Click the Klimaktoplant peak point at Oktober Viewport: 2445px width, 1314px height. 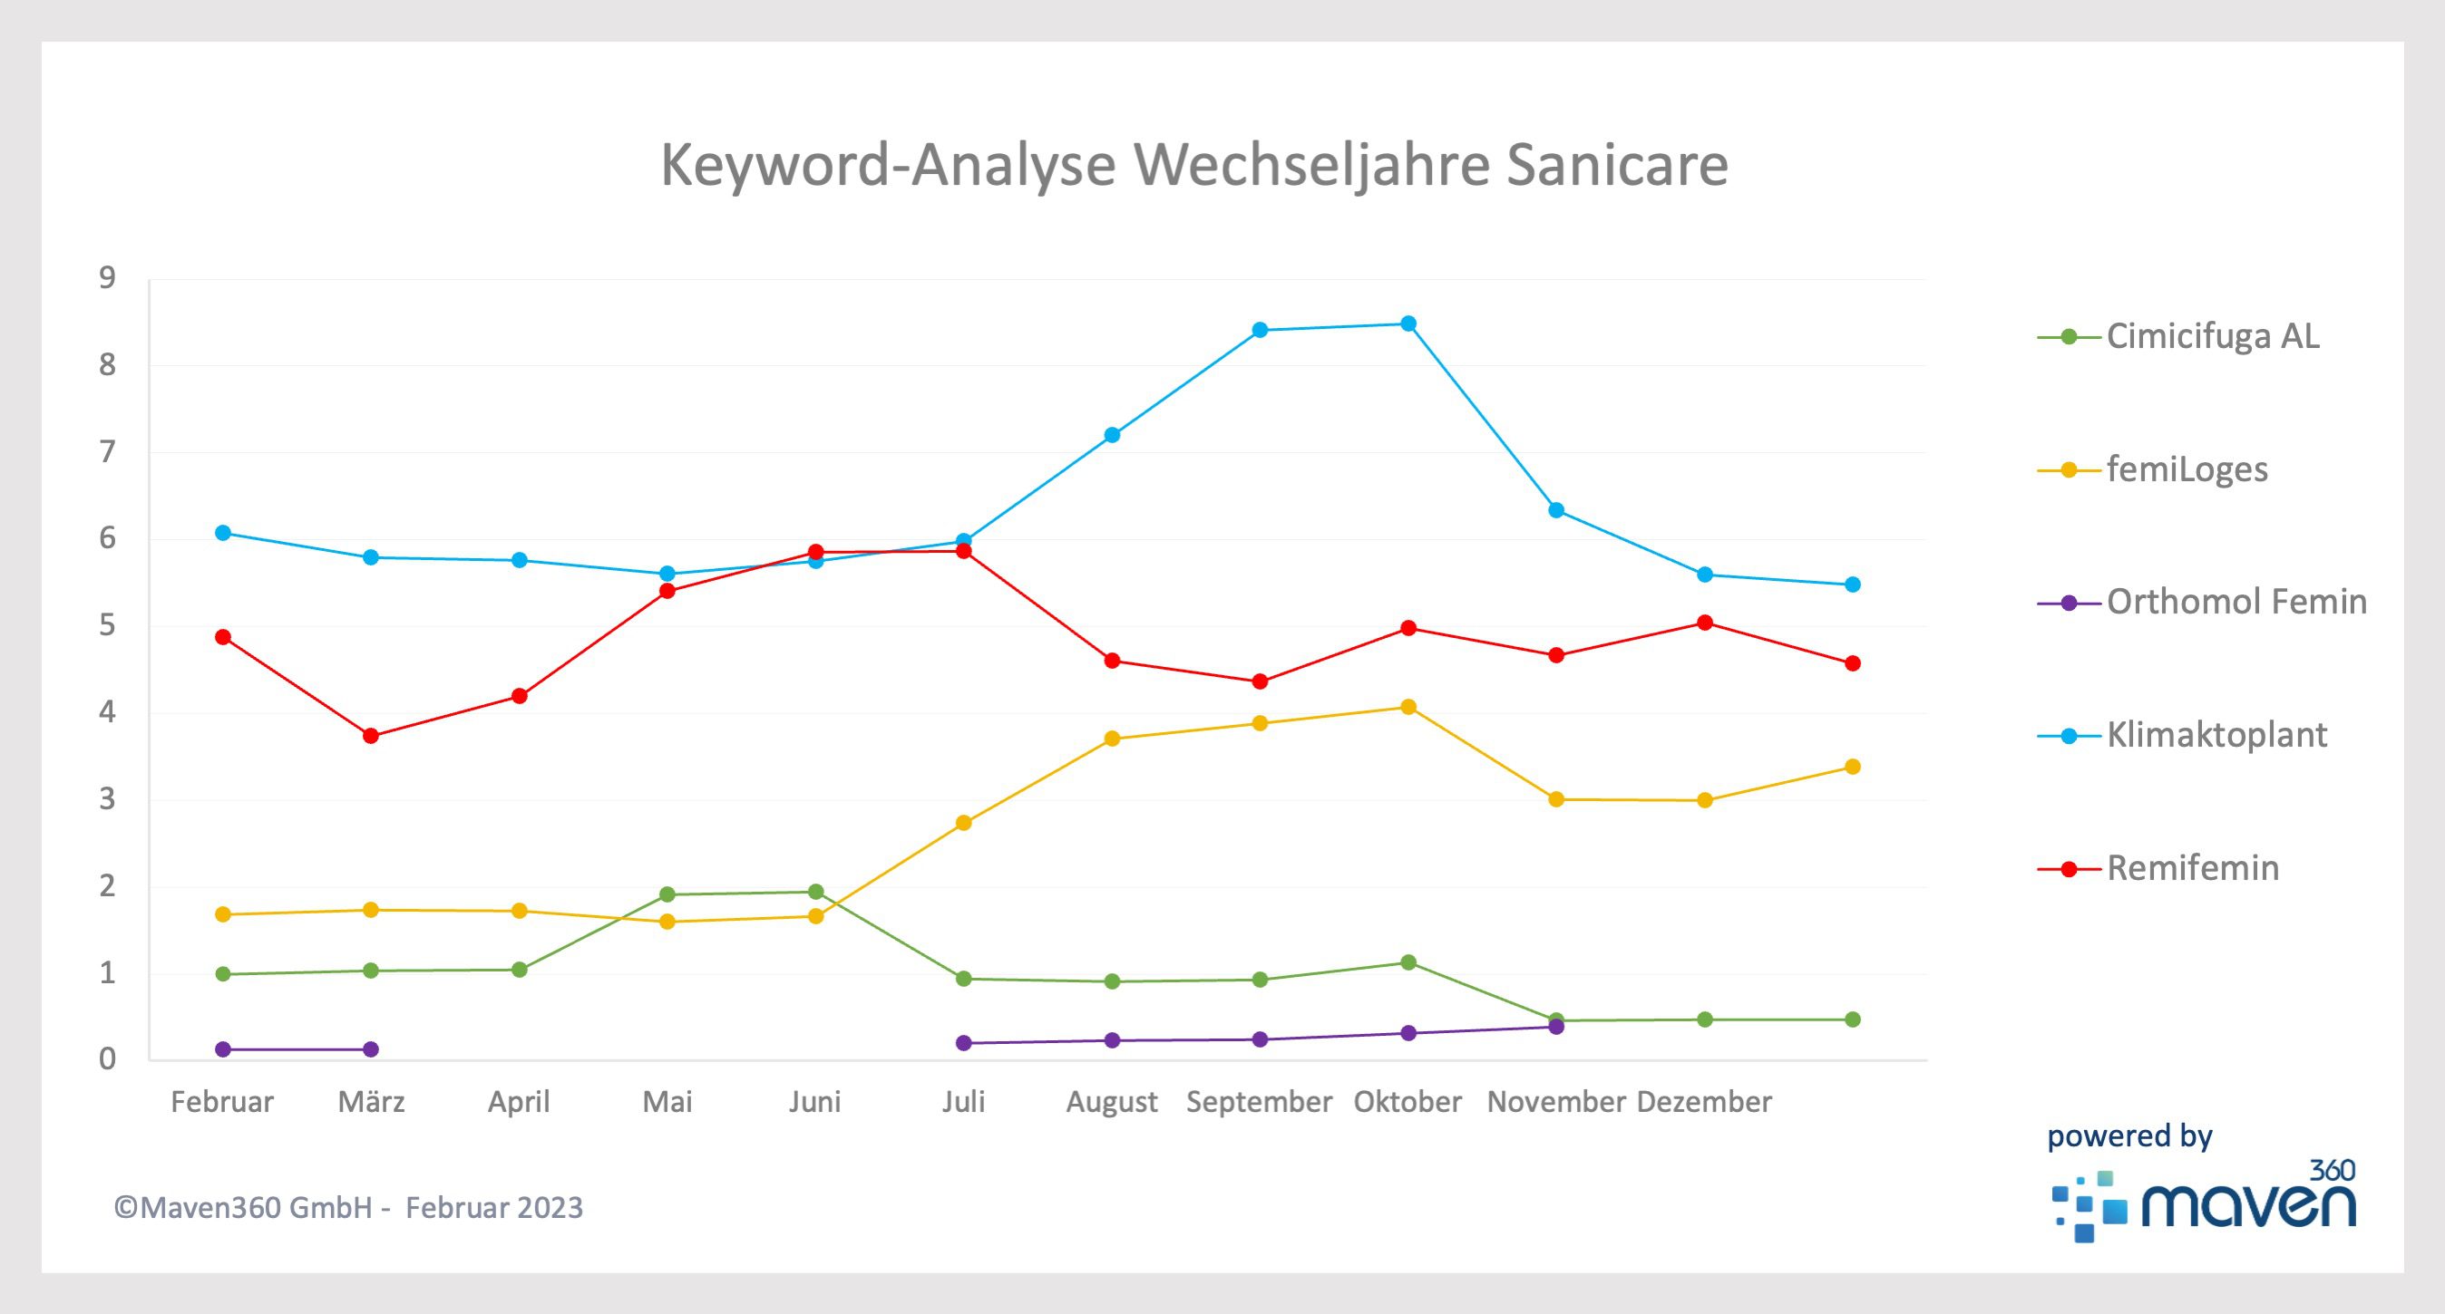(x=1408, y=324)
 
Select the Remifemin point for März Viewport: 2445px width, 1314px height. (x=371, y=735)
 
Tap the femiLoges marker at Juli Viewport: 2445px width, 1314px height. (x=963, y=823)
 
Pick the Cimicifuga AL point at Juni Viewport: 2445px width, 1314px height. (x=815, y=891)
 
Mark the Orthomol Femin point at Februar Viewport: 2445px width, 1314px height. (x=223, y=1049)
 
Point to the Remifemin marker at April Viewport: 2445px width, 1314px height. (x=519, y=696)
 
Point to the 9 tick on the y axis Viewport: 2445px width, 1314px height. (x=107, y=278)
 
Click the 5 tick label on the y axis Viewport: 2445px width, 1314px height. (x=107, y=625)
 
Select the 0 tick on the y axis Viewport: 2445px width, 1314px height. (x=107, y=1058)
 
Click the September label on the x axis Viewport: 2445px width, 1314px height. (x=1260, y=1101)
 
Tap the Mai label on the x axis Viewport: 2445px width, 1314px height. (x=667, y=1101)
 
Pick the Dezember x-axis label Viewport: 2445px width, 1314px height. (x=1704, y=1101)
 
